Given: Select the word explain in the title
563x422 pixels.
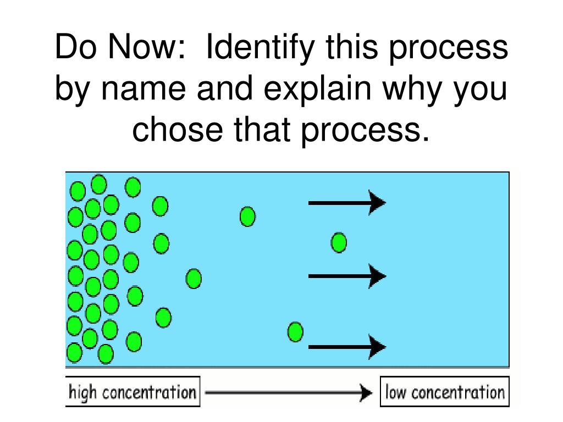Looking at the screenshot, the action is click(321, 89).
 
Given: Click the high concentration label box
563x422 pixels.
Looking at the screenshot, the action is click(133, 392).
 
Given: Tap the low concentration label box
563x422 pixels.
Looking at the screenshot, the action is click(444, 392).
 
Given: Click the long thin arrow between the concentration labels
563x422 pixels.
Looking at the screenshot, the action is click(289, 393).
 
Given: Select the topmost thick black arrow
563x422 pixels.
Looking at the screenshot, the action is click(346, 203).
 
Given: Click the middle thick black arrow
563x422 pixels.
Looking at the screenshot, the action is click(346, 275).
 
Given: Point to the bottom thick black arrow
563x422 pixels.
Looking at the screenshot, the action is click(346, 347).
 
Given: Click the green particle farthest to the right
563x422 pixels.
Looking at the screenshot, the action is click(339, 242).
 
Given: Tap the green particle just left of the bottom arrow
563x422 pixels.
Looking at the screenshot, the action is click(295, 332).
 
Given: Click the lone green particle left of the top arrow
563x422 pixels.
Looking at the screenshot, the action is click(247, 216).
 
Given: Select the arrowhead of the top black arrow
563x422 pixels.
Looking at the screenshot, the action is click(377, 203).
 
